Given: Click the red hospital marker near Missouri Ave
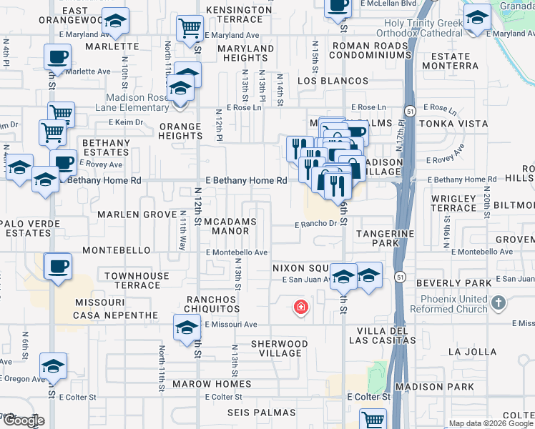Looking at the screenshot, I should coord(301,308).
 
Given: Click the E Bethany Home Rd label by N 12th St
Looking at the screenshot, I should coord(246,181).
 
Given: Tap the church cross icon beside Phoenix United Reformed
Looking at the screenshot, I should coord(499,304).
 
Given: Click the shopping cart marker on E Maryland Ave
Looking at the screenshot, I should coord(190,29).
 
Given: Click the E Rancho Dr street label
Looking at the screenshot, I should coord(315,224).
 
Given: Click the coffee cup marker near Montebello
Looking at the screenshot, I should coord(58,266).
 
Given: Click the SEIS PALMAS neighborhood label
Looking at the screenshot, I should coord(261,413).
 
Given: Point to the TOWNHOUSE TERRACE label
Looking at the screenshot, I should coord(137,280).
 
